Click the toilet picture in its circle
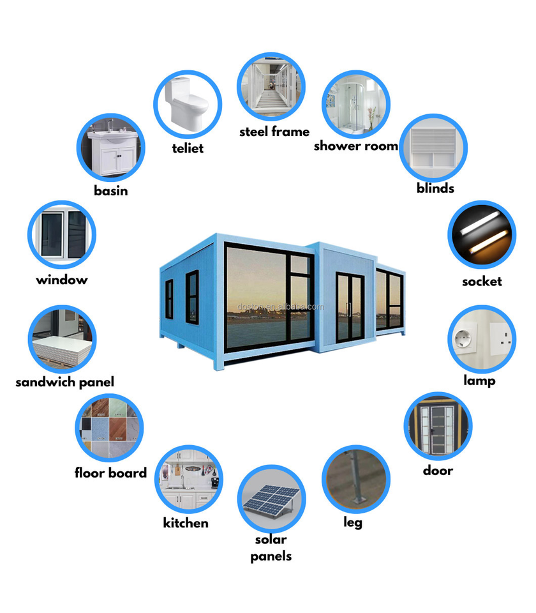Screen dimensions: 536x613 point(187,103)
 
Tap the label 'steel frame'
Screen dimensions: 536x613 point(274,132)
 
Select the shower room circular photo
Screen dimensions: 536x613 point(355,105)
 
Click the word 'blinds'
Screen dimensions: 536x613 point(435,188)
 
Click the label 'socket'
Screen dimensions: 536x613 point(482,282)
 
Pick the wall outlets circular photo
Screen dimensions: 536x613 point(482,338)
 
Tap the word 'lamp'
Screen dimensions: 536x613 point(479,381)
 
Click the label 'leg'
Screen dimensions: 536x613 point(353,523)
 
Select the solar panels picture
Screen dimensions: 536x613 point(271,499)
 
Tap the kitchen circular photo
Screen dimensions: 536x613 point(189,480)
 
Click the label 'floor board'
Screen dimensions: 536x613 point(110,473)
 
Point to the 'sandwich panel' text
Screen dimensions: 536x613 point(64,382)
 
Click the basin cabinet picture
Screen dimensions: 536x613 point(111,148)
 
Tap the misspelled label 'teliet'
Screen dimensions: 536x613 point(188,148)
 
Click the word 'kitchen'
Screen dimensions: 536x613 point(186,523)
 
